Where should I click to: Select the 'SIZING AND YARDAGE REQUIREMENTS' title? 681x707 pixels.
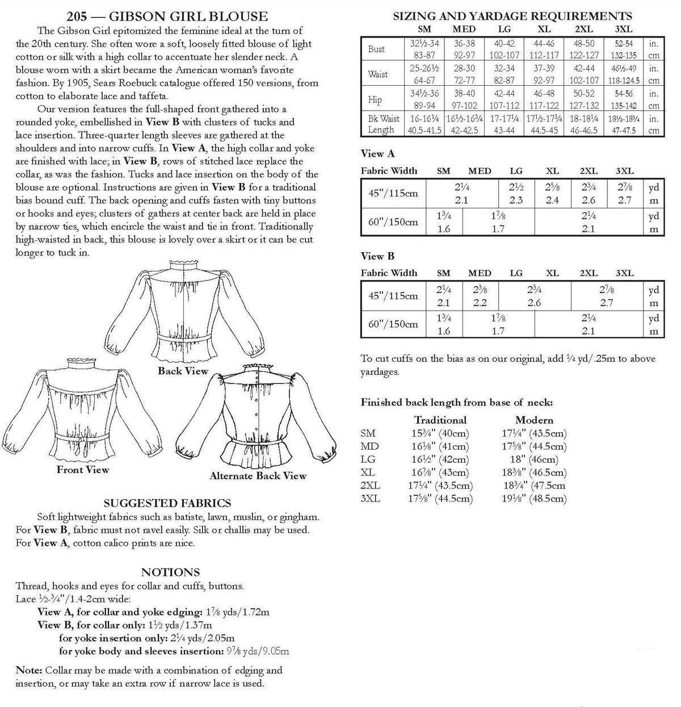click(512, 16)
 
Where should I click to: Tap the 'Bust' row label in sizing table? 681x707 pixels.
click(376, 49)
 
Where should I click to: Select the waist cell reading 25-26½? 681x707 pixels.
click(423, 68)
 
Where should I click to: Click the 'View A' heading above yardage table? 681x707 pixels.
click(377, 153)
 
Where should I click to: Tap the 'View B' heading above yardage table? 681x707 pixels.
click(377, 256)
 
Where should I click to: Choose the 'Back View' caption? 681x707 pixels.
click(183, 371)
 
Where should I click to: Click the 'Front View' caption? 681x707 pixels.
click(83, 470)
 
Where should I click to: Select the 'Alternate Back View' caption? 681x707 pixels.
click(258, 476)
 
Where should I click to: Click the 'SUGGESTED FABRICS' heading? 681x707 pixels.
click(167, 503)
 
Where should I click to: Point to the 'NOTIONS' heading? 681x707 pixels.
click(170, 572)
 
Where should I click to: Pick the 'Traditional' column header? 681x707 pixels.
click(440, 420)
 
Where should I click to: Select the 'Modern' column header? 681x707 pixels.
click(534, 420)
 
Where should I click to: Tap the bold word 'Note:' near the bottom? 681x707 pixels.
click(28, 670)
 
